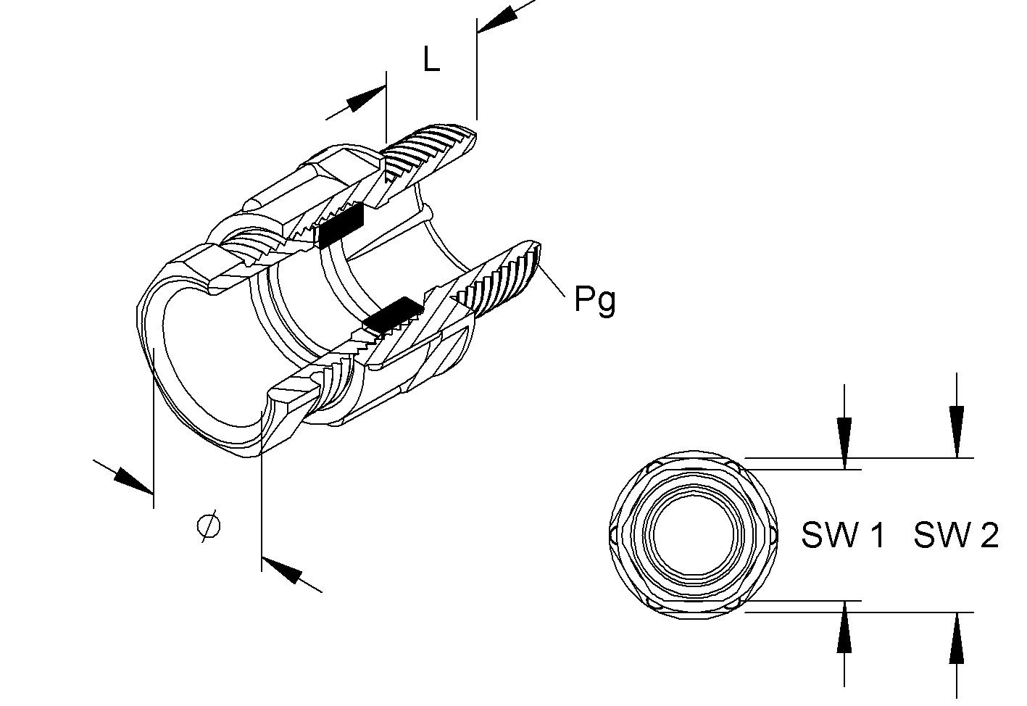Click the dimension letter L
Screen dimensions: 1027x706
(x=431, y=59)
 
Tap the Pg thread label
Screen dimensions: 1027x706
(x=595, y=300)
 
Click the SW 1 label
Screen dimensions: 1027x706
(x=843, y=534)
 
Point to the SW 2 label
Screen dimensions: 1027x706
(x=956, y=534)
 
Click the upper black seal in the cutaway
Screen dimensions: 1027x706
(x=341, y=225)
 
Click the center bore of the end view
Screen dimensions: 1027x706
(x=694, y=536)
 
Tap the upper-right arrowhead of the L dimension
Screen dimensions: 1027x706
(x=497, y=20)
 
